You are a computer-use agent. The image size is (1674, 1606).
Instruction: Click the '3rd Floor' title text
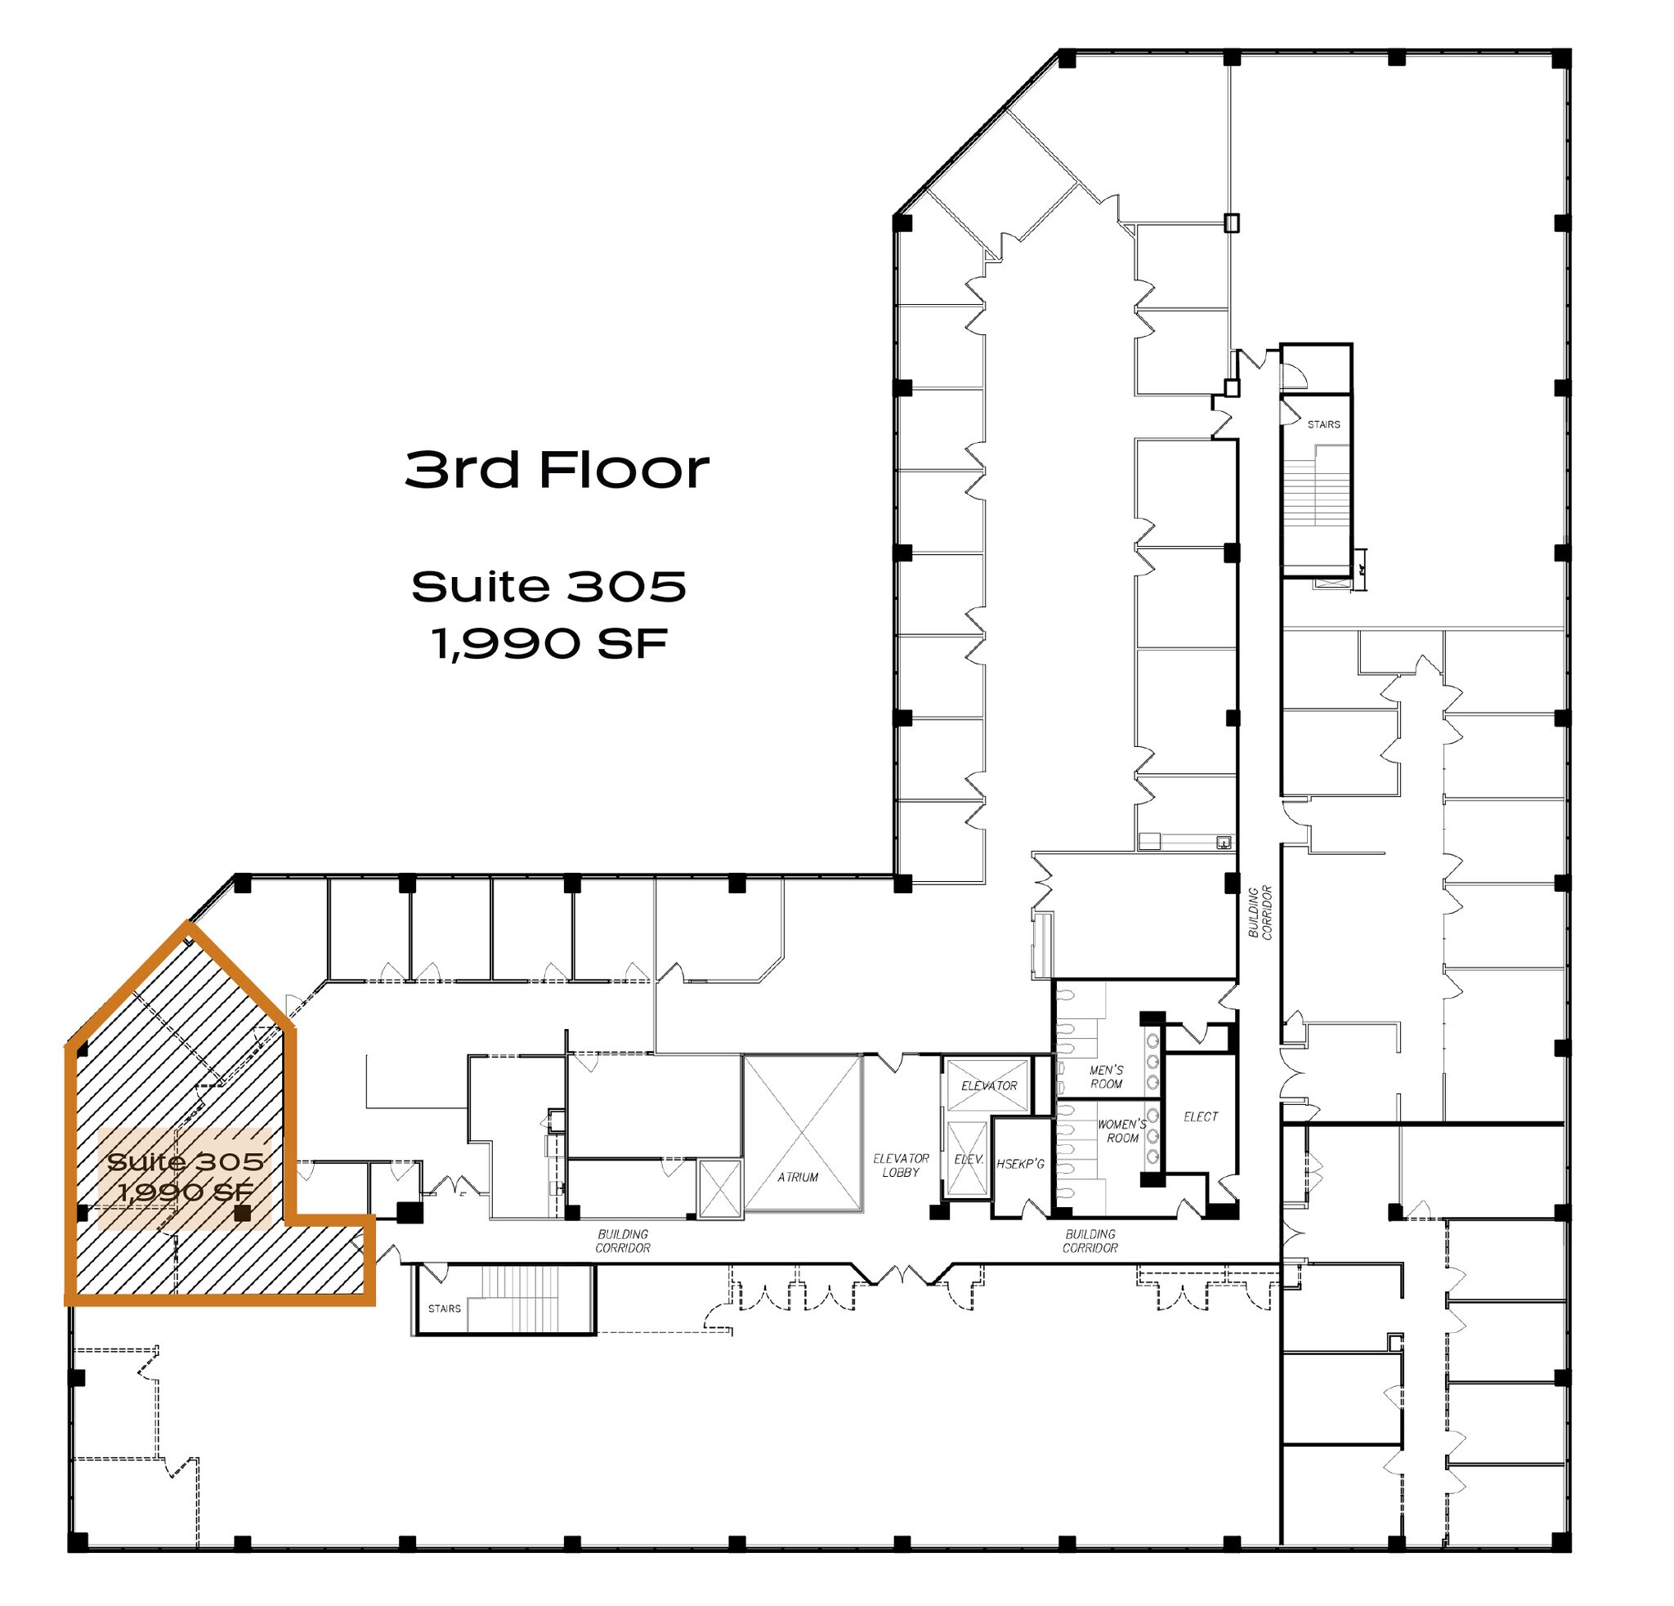coord(557,470)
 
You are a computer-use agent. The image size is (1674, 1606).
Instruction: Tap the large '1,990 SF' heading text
coord(549,643)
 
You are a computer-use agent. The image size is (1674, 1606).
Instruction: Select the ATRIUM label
coord(798,1178)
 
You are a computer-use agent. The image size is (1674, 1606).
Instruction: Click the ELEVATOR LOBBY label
coord(901,1165)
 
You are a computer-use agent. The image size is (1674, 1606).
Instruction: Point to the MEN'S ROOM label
coord(1106,1076)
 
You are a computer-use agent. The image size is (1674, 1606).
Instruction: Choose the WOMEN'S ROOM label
coord(1122,1131)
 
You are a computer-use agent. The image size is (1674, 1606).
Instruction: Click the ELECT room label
coord(1201,1116)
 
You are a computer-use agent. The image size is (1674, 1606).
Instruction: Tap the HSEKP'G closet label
coord(1021,1164)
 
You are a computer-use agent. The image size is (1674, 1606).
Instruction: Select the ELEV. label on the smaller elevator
coord(969,1160)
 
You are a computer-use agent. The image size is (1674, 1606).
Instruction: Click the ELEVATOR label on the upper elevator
coord(989,1086)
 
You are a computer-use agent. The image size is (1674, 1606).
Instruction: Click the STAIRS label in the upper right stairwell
coord(1324,424)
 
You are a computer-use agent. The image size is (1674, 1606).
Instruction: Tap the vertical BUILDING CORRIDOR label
coord(1260,913)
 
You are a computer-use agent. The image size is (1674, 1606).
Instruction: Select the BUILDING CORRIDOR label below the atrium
coord(623,1241)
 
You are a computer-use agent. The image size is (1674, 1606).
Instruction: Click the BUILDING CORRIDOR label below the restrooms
coord(1090,1241)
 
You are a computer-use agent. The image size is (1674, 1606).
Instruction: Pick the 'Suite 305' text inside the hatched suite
coord(186,1162)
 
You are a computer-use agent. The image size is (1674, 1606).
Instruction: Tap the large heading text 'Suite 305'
coord(549,587)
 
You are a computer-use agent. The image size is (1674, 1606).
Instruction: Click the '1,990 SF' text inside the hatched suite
coord(186,1192)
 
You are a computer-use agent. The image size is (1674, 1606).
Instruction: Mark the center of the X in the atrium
coord(802,1132)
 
